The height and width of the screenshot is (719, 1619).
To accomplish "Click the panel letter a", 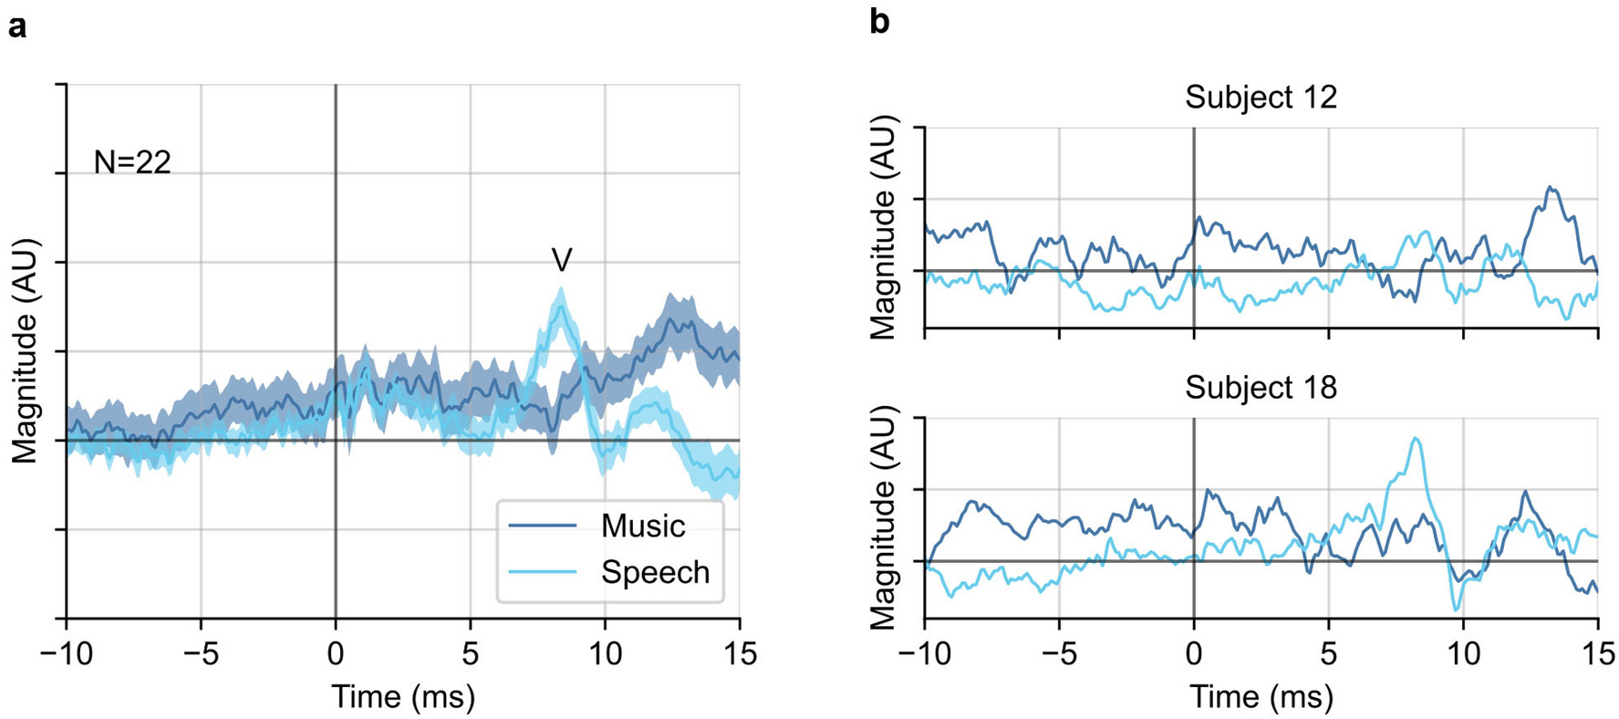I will coord(16,27).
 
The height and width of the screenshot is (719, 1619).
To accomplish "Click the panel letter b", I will coord(879,22).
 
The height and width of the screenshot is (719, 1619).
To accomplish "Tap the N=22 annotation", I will coord(132,162).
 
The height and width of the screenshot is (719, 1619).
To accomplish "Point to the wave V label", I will coord(562,261).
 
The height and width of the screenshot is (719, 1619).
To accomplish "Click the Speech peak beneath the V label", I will coord(561,291).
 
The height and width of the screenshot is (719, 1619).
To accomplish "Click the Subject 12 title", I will coord(1261,97).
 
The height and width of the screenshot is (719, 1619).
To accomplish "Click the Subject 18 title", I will coord(1261,388).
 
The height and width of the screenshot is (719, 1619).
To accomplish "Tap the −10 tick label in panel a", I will coord(67,654).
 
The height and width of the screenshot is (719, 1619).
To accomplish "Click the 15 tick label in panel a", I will coord(739,654).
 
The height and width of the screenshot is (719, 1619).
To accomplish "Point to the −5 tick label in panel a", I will coord(201,654).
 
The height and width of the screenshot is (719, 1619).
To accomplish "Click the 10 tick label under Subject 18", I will coord(1463,654).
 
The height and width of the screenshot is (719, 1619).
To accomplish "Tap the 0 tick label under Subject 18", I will coord(1194,654).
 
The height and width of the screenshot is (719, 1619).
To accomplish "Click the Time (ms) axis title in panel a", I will coord(402,696).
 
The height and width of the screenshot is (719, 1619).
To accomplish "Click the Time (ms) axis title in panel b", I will coord(1261,697).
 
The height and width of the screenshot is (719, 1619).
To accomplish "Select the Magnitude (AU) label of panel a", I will coord(26,351).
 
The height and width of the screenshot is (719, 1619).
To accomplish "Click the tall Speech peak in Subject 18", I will coord(1415,439).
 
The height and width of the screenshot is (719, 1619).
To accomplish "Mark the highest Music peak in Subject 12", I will coord(1549,188).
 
